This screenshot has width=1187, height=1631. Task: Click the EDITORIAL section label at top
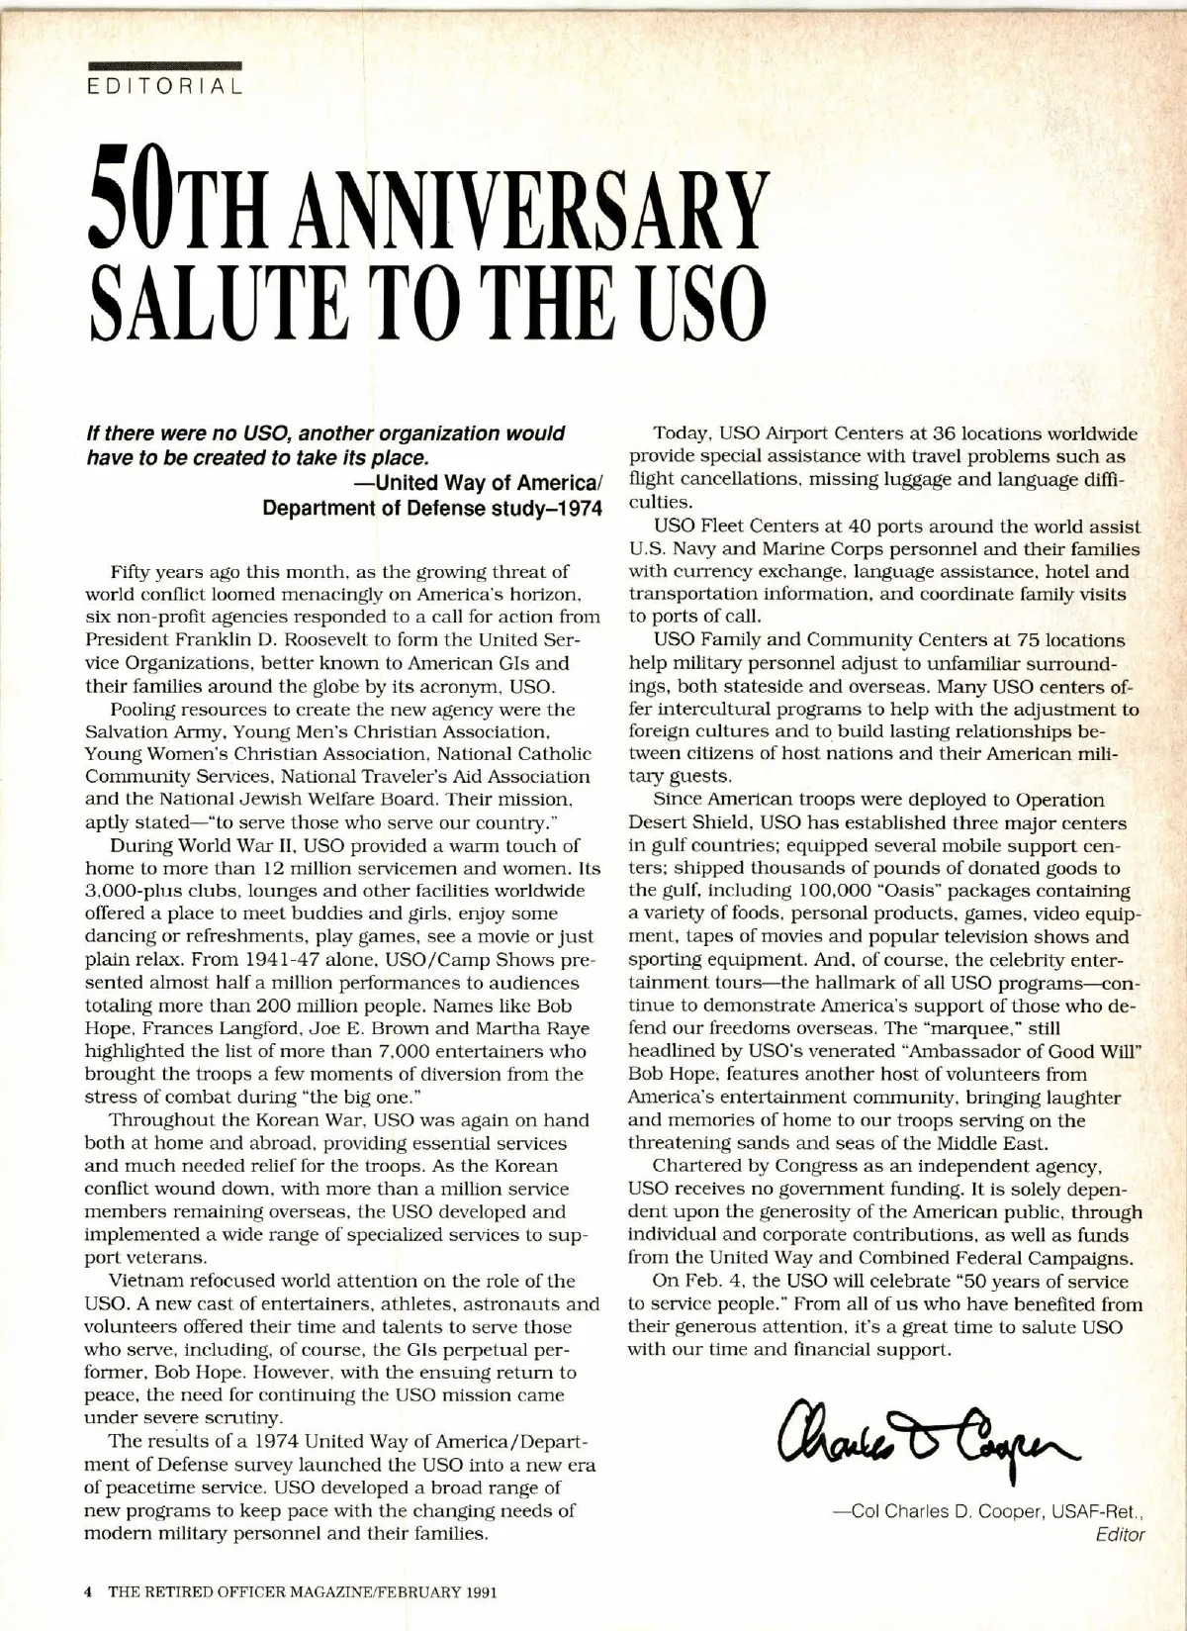coord(164,86)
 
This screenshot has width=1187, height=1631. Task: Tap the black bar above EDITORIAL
coord(164,65)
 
